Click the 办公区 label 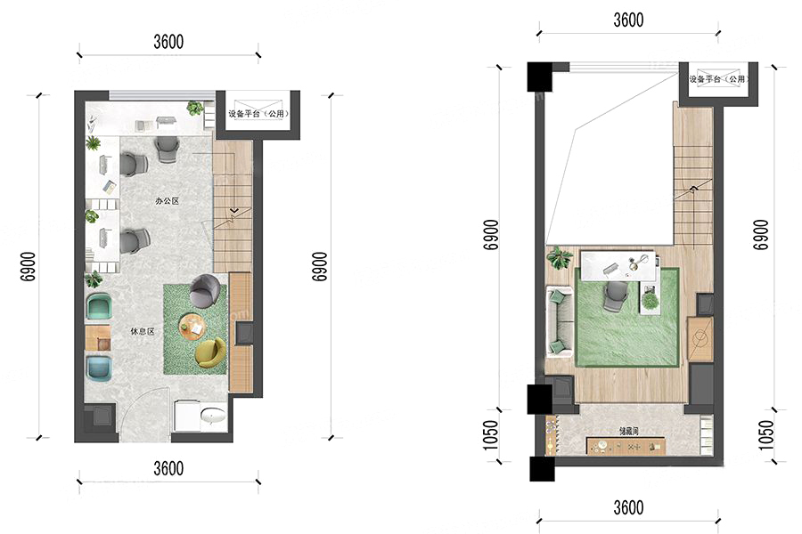click(168, 201)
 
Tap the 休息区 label click(143, 332)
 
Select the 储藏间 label click(628, 432)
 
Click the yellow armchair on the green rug click(210, 352)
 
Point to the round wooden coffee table click(192, 327)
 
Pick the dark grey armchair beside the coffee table click(205, 291)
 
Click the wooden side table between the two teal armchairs click(98, 338)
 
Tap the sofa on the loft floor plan click(560, 322)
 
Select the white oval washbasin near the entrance click(213, 416)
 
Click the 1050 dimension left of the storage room click(490, 435)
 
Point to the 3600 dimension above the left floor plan click(168, 42)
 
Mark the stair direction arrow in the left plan click(233, 209)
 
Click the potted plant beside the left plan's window click(195, 108)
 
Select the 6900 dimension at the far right click(761, 235)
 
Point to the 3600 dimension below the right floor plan click(628, 507)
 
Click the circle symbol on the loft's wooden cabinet click(700, 338)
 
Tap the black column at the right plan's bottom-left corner click(542, 469)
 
